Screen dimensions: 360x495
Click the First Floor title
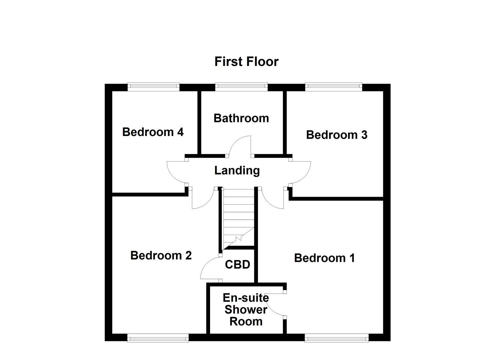[246, 62]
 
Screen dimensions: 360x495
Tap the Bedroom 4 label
[153, 132]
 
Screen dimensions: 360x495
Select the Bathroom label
[241, 118]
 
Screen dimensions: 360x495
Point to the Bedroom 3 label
[337, 135]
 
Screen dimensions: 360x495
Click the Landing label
[237, 170]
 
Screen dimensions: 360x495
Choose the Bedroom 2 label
[161, 255]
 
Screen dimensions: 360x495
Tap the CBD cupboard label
[237, 264]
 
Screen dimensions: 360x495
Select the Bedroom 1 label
[324, 258]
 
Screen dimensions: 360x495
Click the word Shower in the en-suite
[246, 309]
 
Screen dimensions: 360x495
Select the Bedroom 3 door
[301, 172]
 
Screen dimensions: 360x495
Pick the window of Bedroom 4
[153, 87]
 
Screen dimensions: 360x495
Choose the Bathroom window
[241, 87]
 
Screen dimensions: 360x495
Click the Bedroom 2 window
[158, 338]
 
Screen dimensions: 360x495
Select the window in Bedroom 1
[337, 338]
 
